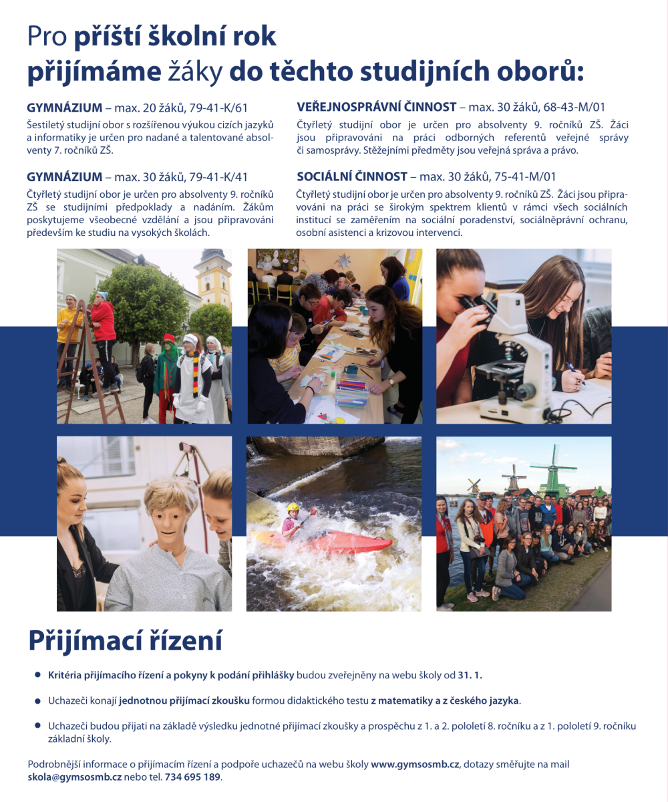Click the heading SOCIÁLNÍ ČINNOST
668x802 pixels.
[351, 176]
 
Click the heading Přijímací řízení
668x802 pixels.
[125, 640]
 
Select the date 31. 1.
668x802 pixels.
[470, 676]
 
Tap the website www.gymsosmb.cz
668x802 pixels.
[415, 764]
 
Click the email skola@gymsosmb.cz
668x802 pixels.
[75, 777]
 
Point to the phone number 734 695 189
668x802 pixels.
[192, 777]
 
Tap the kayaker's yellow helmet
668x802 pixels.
[293, 509]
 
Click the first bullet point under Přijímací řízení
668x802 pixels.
[37, 676]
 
